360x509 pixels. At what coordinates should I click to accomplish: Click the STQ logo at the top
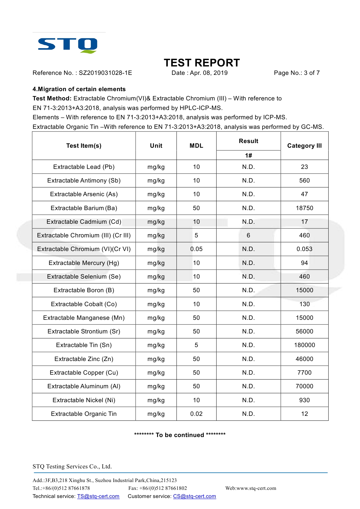(68, 45)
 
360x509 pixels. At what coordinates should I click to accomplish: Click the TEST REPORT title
(202, 63)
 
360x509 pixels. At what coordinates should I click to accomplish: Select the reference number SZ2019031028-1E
(105, 73)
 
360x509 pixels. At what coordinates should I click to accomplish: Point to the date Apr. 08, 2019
(209, 73)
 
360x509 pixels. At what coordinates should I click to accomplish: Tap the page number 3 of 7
(312, 73)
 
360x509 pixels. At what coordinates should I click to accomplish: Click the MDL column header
(196, 146)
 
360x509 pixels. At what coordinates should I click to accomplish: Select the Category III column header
(304, 146)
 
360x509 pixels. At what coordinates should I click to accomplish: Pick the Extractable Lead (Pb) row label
(84, 167)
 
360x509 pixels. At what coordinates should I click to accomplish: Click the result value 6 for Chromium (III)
(248, 235)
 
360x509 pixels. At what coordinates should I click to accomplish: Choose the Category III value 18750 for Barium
(304, 208)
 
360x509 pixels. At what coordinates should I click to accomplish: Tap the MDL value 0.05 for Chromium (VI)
(196, 249)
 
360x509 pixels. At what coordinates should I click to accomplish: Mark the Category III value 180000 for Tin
(304, 345)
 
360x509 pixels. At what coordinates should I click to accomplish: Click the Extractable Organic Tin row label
(84, 414)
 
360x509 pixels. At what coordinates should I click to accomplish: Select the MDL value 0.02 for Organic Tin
(196, 414)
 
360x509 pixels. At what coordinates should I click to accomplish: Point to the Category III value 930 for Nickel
(304, 400)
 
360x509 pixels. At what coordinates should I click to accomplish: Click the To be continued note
(180, 435)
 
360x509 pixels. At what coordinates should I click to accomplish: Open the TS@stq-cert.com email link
(98, 496)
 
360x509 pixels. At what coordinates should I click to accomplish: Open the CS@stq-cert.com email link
(195, 496)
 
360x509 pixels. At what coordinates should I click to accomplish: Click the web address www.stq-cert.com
(256, 488)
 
